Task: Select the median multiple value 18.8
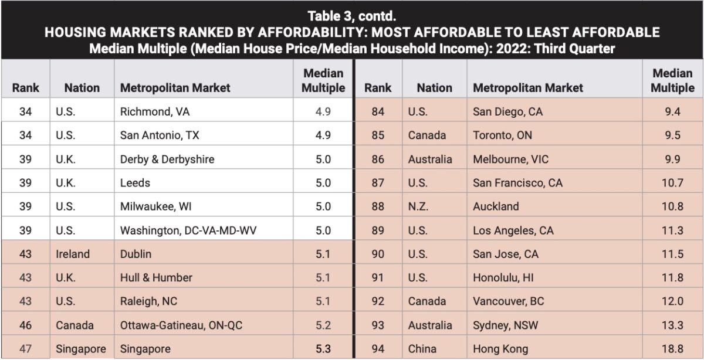673,349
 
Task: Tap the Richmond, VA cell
155,111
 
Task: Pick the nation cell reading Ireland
73,254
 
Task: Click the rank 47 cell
25,349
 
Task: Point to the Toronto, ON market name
502,135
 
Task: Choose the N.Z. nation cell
422,206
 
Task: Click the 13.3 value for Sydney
673,325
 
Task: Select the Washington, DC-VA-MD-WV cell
188,230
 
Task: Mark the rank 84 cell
378,111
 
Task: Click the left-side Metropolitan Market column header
175,88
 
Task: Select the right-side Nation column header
434,88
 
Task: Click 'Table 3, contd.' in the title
351,16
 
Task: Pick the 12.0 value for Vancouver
673,301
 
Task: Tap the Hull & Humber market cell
156,277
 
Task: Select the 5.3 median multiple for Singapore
323,349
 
